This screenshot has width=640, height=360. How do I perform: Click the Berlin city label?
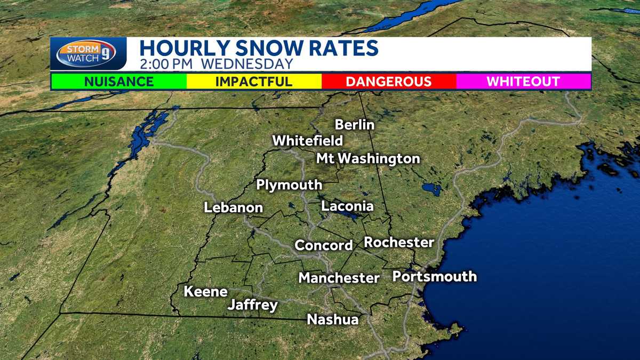click(355, 125)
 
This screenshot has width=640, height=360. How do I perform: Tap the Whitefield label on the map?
click(307, 141)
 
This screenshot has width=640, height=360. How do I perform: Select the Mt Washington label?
click(368, 158)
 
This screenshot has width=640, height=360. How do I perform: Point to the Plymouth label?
click(289, 185)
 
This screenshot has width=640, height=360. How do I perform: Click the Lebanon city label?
click(234, 207)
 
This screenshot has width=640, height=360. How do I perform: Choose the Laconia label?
click(347, 206)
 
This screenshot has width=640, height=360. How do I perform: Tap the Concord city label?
click(324, 245)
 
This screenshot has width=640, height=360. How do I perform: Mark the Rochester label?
click(399, 242)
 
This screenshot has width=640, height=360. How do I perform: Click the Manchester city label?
click(339, 278)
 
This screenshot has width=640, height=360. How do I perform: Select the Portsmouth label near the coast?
click(435, 276)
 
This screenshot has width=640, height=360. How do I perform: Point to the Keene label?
click(205, 292)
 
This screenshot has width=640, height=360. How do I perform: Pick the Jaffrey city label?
click(253, 305)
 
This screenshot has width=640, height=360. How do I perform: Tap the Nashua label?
click(332, 319)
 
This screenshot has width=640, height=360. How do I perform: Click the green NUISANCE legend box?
click(118, 82)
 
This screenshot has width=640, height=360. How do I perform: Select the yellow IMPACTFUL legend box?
click(254, 82)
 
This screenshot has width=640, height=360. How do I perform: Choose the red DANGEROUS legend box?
click(389, 82)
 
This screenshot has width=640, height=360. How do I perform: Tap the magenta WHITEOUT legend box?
click(523, 82)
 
